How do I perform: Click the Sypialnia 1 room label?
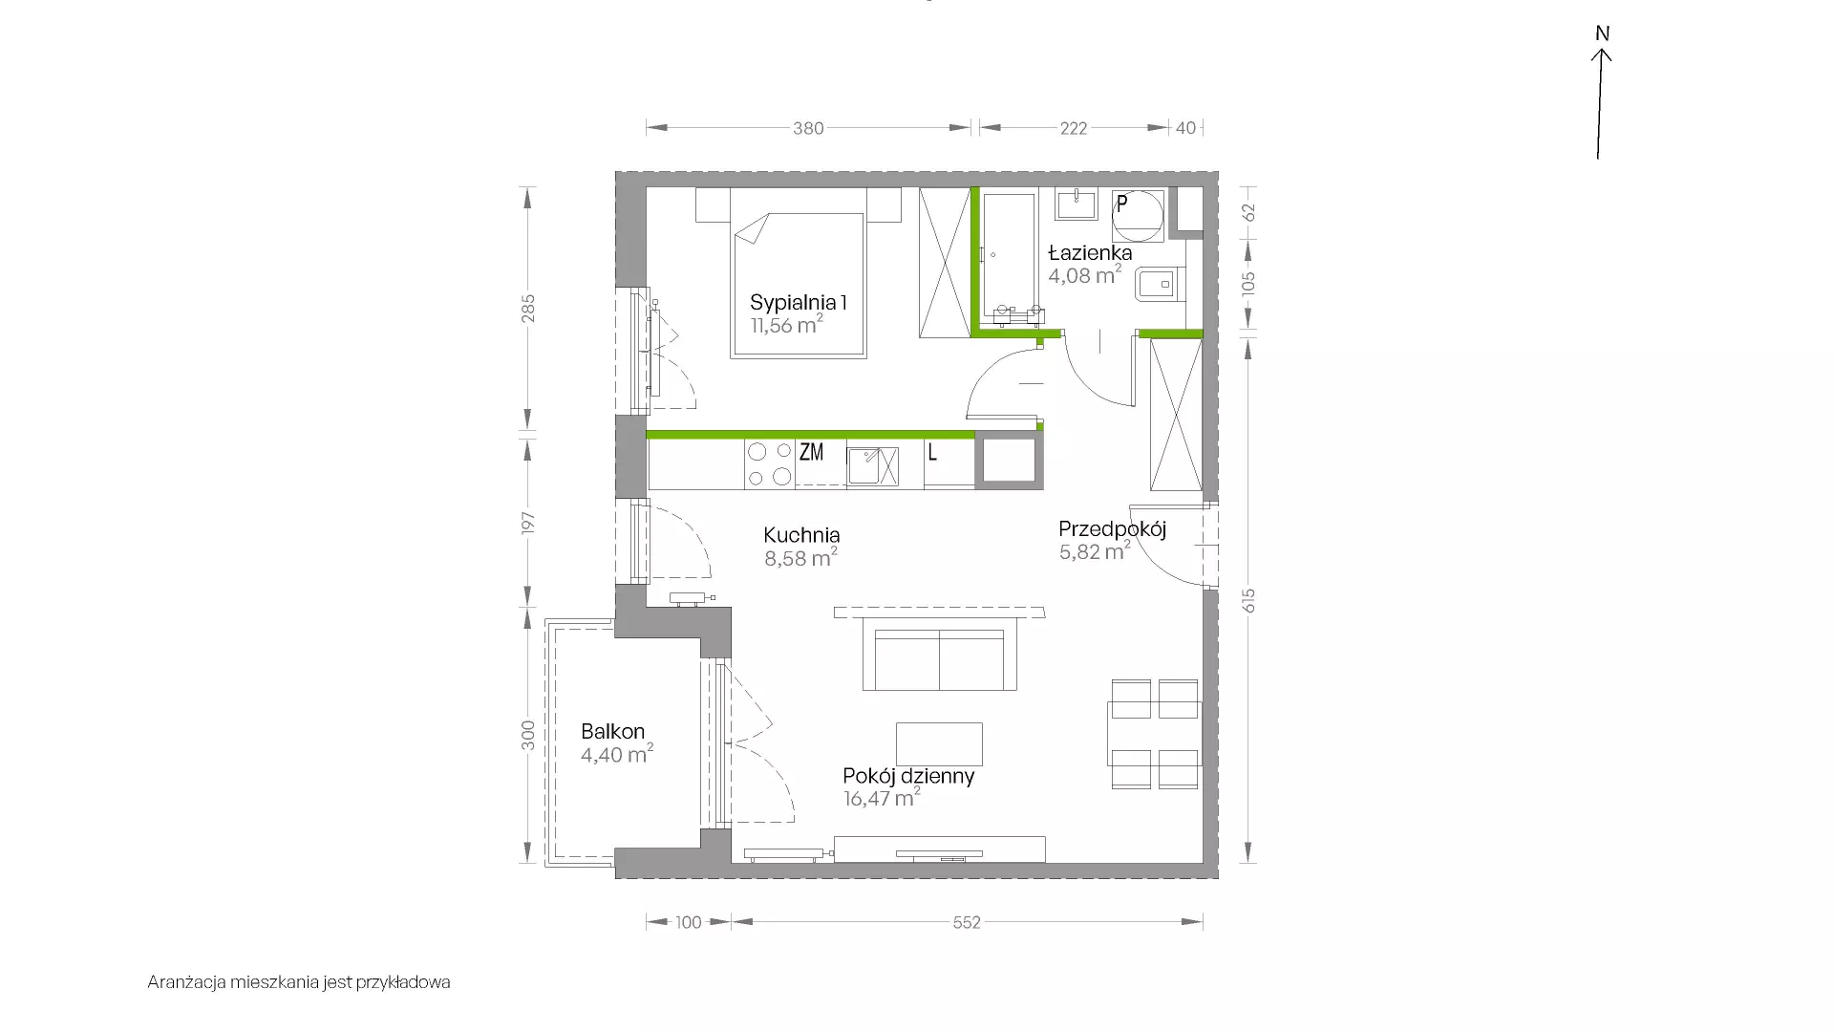[x=799, y=303]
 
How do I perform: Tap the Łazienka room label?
[x=1090, y=253]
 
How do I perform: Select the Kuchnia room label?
[x=801, y=535]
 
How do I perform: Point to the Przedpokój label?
[x=1113, y=530]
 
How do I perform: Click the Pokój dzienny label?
[x=908, y=776]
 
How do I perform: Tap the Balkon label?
[x=612, y=732]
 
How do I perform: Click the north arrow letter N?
[x=1603, y=33]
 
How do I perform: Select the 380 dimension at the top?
[x=808, y=128]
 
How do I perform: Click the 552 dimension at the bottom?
[x=967, y=922]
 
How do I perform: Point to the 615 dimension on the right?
[x=1249, y=600]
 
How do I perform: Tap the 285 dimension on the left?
[x=528, y=308]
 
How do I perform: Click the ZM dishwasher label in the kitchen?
[x=811, y=452]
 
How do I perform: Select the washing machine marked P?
[x=1138, y=215]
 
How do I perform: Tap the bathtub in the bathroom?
[x=1011, y=258]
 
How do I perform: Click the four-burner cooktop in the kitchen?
[x=770, y=463]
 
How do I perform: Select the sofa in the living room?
[x=939, y=654]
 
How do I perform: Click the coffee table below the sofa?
[x=940, y=744]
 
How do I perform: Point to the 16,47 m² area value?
[x=882, y=798]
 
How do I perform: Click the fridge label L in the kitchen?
[x=932, y=452]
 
